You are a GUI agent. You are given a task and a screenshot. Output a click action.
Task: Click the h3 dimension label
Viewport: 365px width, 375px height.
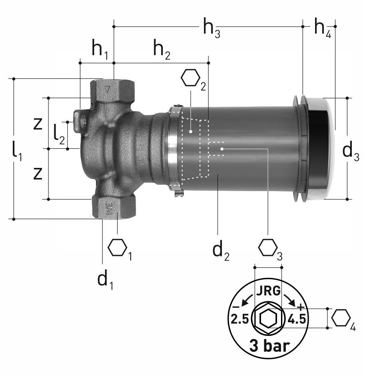click(x=211, y=28)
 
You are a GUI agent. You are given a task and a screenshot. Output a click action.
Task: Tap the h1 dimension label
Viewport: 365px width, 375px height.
click(x=100, y=50)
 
